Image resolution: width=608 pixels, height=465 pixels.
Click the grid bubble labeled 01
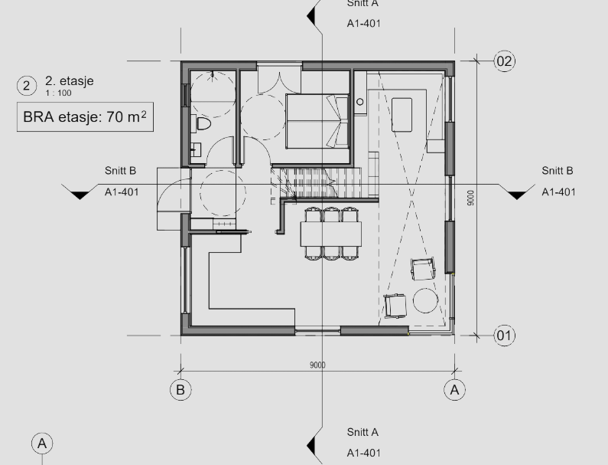(x=505, y=336)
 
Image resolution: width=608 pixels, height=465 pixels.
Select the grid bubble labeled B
(x=180, y=390)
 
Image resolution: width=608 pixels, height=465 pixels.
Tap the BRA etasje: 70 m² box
(x=86, y=117)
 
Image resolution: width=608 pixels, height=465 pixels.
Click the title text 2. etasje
(x=70, y=80)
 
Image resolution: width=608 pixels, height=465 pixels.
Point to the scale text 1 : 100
(x=58, y=93)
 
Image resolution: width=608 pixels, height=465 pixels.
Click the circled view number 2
(x=27, y=86)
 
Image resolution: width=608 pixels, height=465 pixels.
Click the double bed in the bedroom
(x=317, y=121)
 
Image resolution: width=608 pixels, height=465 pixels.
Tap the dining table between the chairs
(x=330, y=234)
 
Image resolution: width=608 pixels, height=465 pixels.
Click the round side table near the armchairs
(x=425, y=300)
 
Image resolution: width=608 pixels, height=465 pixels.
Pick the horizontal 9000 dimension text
(x=317, y=365)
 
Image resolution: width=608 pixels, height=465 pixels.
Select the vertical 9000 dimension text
(x=470, y=198)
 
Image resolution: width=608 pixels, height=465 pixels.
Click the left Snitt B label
(x=120, y=171)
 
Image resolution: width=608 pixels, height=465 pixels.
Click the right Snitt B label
(x=558, y=171)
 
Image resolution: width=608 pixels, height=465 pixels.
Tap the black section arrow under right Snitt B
(x=516, y=195)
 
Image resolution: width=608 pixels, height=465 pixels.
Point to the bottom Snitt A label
(x=363, y=432)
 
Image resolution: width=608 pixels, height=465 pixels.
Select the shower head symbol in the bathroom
(x=212, y=75)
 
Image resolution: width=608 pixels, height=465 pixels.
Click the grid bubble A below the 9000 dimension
(x=454, y=390)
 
